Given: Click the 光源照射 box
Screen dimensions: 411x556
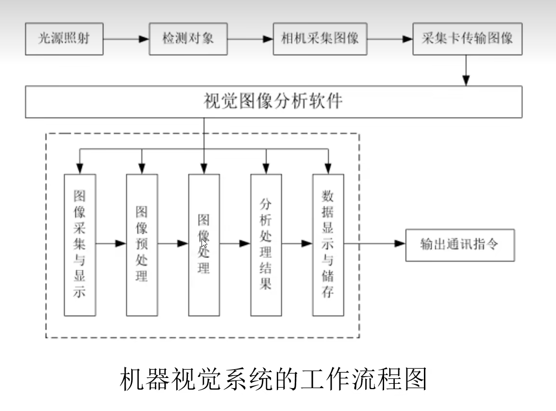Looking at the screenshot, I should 64,39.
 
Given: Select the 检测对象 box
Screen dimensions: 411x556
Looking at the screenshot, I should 188,39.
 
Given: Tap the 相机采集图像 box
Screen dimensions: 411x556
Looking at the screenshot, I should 320,39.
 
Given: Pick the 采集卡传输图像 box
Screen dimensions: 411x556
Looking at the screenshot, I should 467,39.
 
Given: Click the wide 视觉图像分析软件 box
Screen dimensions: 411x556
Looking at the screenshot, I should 273,102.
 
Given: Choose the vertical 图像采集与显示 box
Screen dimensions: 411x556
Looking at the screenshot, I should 80,245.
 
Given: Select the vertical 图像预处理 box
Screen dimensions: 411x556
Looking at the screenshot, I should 142,245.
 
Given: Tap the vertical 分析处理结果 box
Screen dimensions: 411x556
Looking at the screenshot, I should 266,245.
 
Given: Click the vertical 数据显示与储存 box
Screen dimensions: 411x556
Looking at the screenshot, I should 328,245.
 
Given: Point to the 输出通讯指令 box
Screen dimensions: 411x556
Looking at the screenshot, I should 459,245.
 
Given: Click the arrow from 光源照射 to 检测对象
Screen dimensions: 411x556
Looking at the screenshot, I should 126,39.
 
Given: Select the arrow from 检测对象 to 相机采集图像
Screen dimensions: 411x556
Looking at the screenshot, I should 250,39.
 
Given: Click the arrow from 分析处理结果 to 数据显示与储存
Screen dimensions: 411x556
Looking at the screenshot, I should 297,243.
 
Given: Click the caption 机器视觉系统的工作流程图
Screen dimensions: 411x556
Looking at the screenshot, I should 273,379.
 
